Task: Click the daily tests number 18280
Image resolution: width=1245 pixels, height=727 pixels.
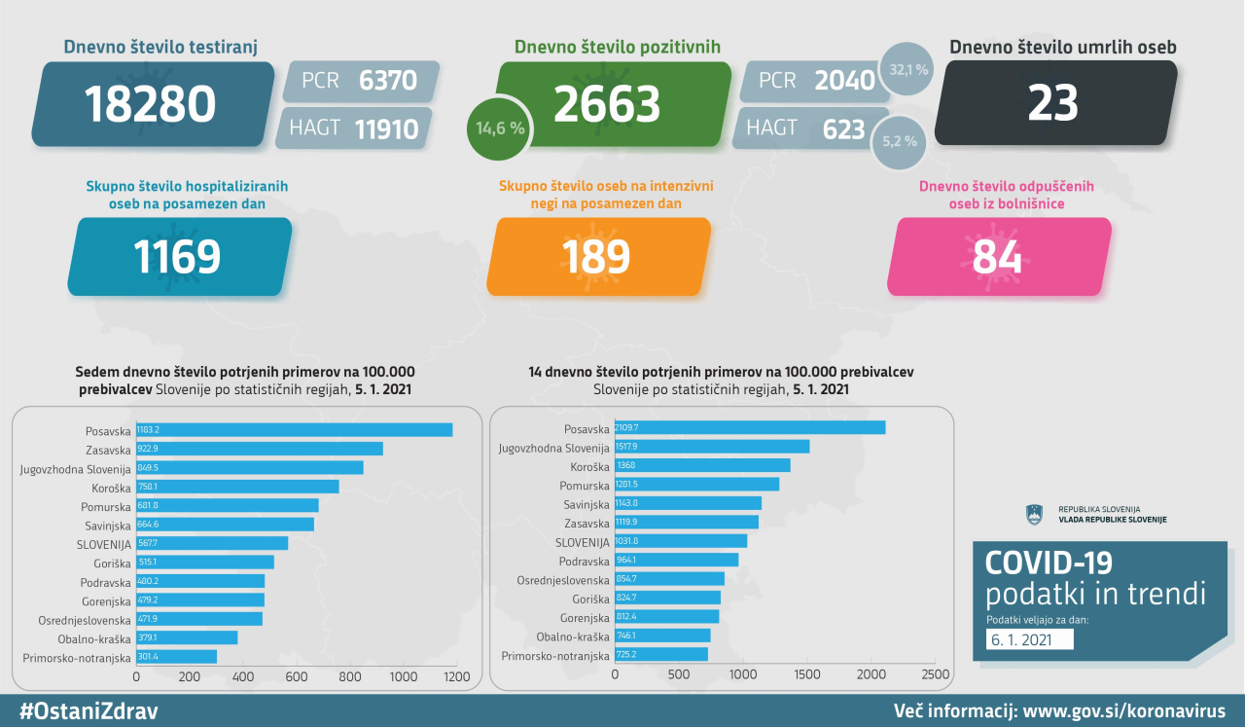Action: [150, 104]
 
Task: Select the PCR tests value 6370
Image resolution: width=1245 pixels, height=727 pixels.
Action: [387, 81]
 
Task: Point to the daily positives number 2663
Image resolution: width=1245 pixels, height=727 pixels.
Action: [607, 104]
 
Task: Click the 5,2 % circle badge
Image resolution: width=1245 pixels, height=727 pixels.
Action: [900, 140]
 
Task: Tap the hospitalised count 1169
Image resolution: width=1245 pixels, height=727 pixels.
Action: [177, 256]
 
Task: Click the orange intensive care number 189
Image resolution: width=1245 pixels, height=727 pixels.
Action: [596, 256]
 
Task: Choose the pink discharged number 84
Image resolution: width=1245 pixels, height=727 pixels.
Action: [997, 256]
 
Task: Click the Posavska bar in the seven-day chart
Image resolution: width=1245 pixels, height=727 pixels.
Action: [294, 429]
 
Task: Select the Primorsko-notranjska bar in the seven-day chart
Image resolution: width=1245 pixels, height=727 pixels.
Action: [176, 657]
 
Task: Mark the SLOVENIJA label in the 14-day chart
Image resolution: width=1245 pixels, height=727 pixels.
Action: [583, 541]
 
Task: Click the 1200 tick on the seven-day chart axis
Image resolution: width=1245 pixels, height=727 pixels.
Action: [455, 675]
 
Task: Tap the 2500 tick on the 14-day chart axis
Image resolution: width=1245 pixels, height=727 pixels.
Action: [935, 673]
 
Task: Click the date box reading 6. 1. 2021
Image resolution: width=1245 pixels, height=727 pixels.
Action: [1029, 639]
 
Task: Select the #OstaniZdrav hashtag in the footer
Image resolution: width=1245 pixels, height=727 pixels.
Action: [89, 710]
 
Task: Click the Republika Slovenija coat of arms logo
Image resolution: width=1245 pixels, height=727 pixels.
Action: [1034, 514]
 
